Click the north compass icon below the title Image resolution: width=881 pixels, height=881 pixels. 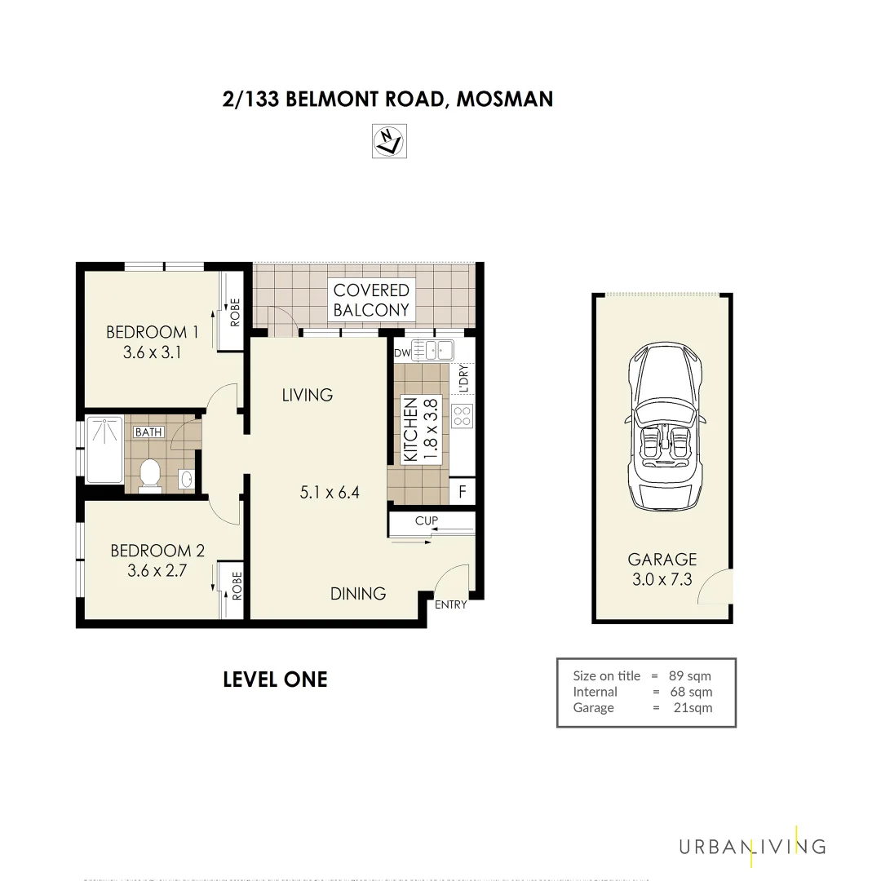tap(389, 141)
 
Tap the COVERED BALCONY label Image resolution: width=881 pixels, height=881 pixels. tap(371, 299)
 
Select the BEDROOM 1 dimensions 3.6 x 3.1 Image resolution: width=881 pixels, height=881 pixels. tap(152, 352)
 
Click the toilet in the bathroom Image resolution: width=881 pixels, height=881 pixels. tap(149, 475)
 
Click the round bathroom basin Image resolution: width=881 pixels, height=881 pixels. tap(187, 478)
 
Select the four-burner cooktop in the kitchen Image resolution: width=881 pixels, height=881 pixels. tap(462, 415)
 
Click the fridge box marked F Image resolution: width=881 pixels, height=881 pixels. tap(463, 491)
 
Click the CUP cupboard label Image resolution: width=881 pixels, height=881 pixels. tap(426, 520)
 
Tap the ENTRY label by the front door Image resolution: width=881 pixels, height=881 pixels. tap(450, 604)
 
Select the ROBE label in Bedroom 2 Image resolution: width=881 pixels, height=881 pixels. tap(237, 587)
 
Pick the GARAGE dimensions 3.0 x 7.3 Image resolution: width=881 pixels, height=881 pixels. tap(662, 579)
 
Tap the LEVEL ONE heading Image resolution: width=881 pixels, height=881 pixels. tap(275, 680)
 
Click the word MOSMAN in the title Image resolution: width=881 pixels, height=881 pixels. tap(504, 100)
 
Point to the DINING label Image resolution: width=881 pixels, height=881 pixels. tap(357, 593)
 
